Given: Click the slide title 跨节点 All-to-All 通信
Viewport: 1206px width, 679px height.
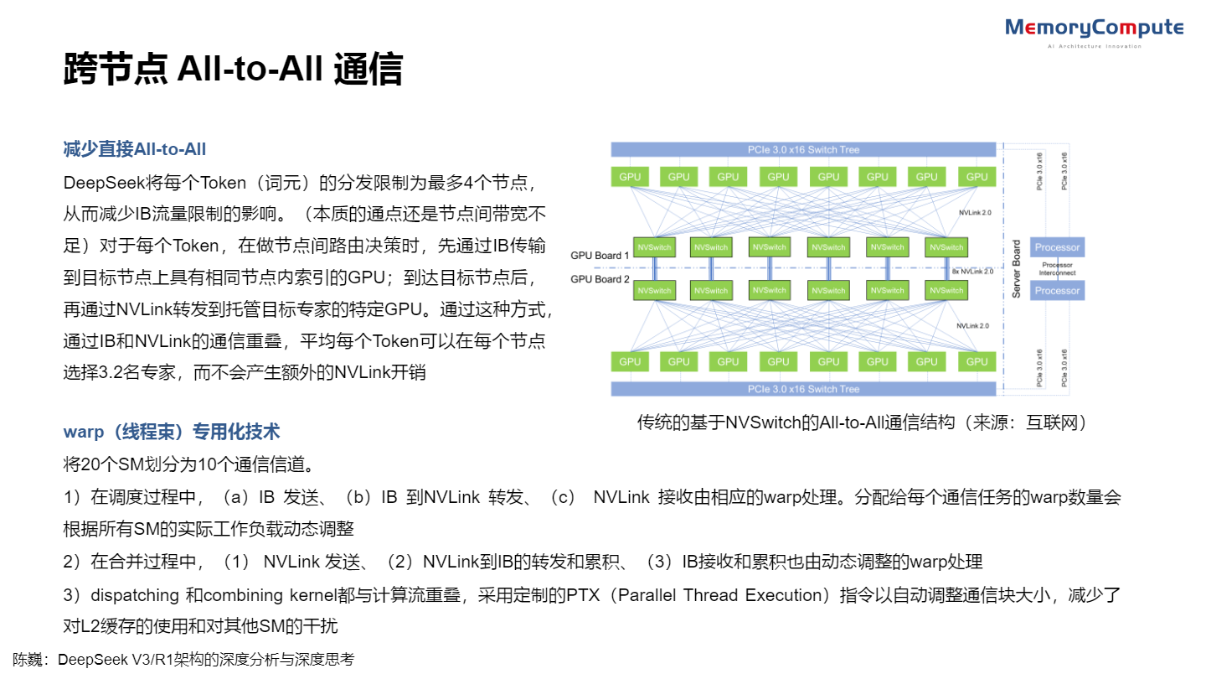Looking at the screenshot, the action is click(233, 70).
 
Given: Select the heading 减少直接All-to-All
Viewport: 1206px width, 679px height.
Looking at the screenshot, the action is click(135, 149).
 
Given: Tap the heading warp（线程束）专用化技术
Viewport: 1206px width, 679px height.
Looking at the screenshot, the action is click(172, 432).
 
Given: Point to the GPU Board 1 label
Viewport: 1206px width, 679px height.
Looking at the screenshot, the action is click(600, 255).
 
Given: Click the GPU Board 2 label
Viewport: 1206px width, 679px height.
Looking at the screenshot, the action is click(600, 279).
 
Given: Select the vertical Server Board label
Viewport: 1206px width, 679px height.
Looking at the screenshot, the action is click(1016, 269).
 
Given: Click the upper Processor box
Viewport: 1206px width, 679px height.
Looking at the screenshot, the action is click(1057, 247).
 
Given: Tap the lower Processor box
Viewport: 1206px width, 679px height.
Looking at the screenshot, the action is click(1057, 290).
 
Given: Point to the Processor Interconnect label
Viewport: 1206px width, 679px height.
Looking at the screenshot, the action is click(1057, 269).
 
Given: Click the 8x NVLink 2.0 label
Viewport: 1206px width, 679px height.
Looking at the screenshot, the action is click(972, 272).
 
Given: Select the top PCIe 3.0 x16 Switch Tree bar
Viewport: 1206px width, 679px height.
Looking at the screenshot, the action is click(803, 149).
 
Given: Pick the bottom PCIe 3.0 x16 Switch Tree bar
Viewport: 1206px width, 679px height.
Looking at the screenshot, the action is click(803, 389).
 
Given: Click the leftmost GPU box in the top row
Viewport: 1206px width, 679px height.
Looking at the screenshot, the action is click(630, 177).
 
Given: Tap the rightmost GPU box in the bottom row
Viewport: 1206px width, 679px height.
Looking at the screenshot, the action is click(977, 362).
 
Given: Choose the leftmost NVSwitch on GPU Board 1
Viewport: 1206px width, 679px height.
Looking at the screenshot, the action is click(655, 247).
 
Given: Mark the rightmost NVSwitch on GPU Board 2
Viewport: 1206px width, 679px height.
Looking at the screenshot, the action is click(946, 290).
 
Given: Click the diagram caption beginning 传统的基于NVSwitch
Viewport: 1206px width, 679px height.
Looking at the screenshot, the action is click(862, 422).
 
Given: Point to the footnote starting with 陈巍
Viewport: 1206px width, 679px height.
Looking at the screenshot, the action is click(183, 660).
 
